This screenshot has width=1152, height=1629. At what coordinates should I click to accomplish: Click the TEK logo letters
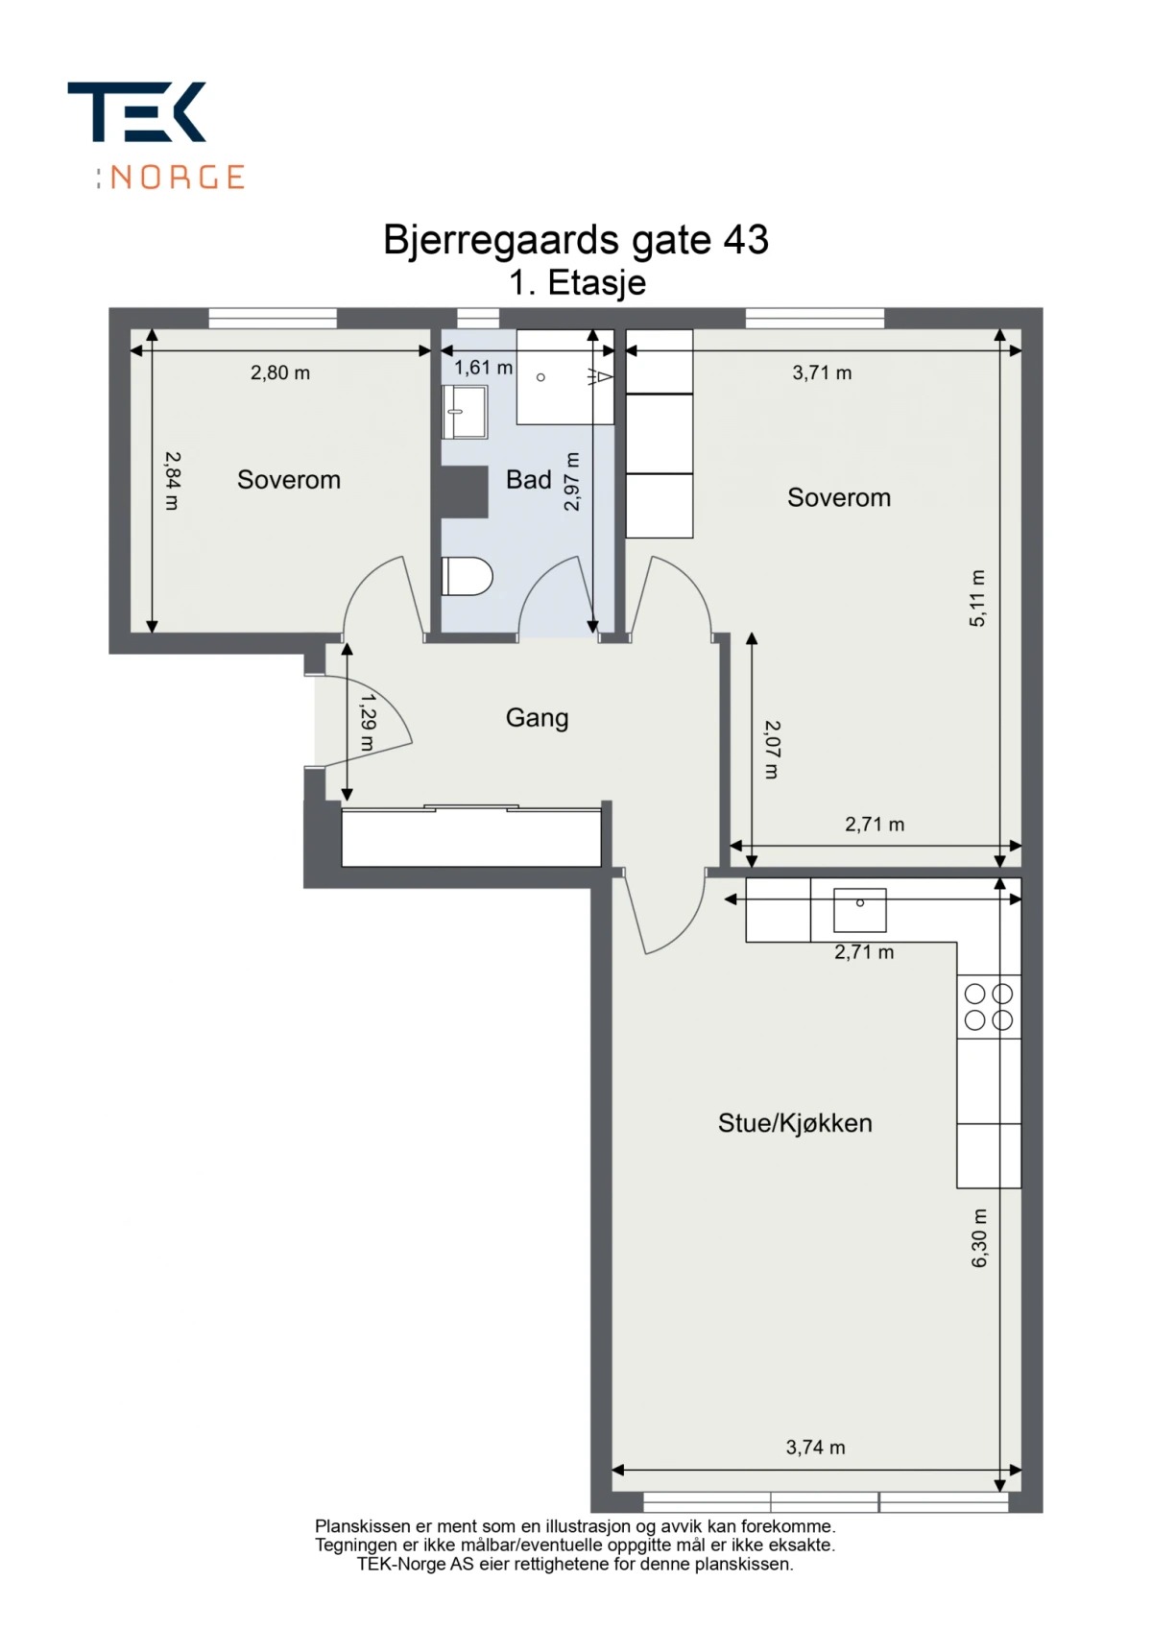tap(136, 111)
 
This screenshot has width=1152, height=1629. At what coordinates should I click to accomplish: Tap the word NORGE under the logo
tap(177, 178)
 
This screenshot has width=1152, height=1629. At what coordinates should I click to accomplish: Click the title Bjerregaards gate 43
tap(575, 239)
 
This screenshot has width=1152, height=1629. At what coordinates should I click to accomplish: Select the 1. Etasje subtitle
tap(577, 282)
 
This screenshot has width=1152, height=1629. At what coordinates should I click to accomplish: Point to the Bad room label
tap(529, 479)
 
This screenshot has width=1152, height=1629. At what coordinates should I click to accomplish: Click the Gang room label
tap(537, 718)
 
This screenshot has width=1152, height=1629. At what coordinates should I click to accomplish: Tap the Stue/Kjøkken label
tap(795, 1123)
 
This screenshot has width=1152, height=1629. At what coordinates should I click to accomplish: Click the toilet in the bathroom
tap(467, 576)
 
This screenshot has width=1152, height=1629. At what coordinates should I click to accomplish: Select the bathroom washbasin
tap(464, 412)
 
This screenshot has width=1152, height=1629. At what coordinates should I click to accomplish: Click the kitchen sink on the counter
tap(859, 910)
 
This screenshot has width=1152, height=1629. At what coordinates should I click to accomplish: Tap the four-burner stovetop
tap(989, 1007)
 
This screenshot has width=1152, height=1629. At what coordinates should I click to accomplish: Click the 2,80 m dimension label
tap(280, 373)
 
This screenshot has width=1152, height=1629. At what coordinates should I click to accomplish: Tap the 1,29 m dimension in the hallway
tap(368, 723)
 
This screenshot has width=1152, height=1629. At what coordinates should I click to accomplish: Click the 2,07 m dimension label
tap(772, 750)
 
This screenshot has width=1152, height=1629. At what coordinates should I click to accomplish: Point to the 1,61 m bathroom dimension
tap(483, 368)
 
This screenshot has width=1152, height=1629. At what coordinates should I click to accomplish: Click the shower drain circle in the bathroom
tap(540, 377)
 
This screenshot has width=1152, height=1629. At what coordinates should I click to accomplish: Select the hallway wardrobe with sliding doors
tap(471, 836)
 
